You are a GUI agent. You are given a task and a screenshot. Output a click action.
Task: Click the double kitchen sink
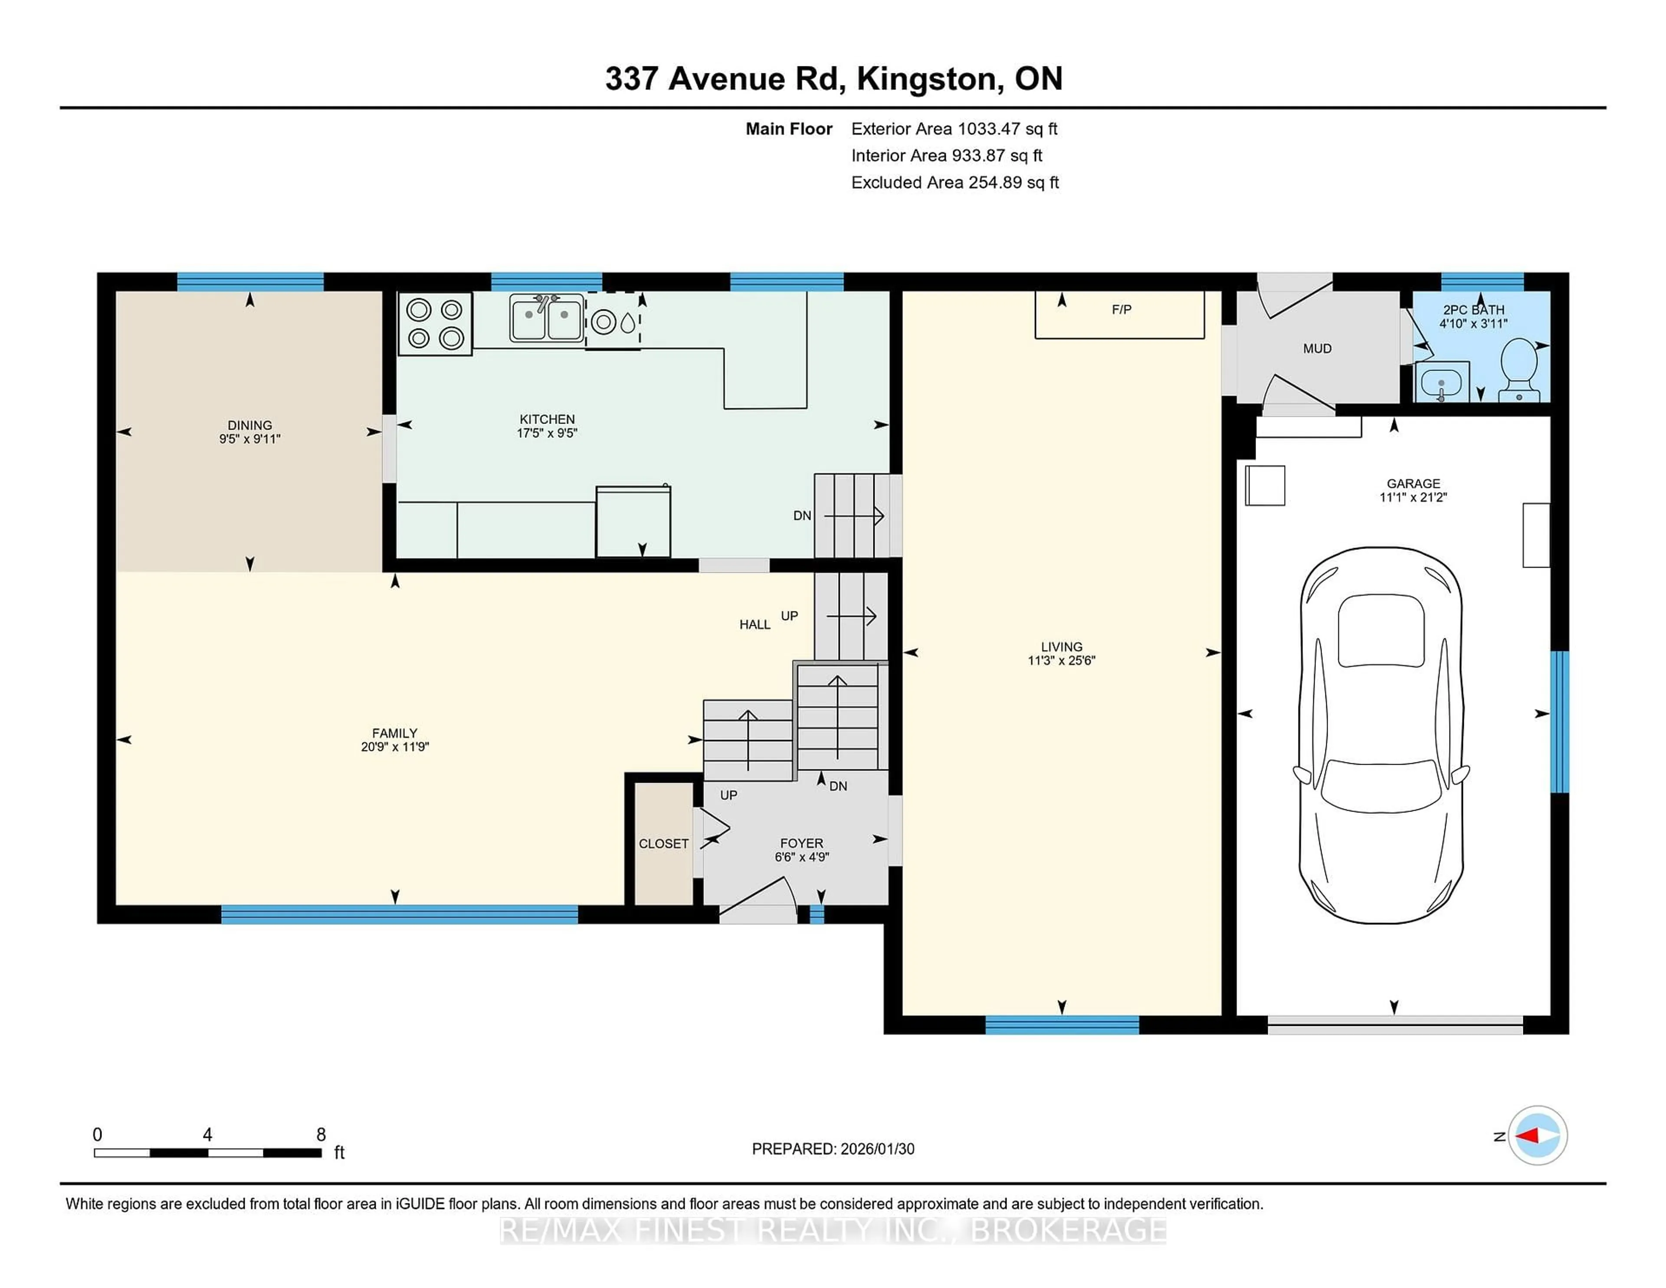(x=546, y=318)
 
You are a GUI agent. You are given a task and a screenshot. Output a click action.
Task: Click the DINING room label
(x=249, y=425)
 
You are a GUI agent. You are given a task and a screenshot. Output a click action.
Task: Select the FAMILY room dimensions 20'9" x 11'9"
(x=394, y=747)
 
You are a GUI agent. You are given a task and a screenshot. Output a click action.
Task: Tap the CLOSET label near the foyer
(x=663, y=843)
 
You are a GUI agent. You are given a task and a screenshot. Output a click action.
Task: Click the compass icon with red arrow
(x=1537, y=1135)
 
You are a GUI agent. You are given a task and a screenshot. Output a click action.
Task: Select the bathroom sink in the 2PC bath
(x=1441, y=381)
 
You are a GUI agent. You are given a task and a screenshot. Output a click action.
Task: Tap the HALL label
(x=754, y=624)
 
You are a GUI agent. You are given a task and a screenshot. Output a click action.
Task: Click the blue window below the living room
(x=1062, y=1025)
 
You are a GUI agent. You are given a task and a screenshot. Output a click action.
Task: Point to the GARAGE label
(x=1413, y=483)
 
